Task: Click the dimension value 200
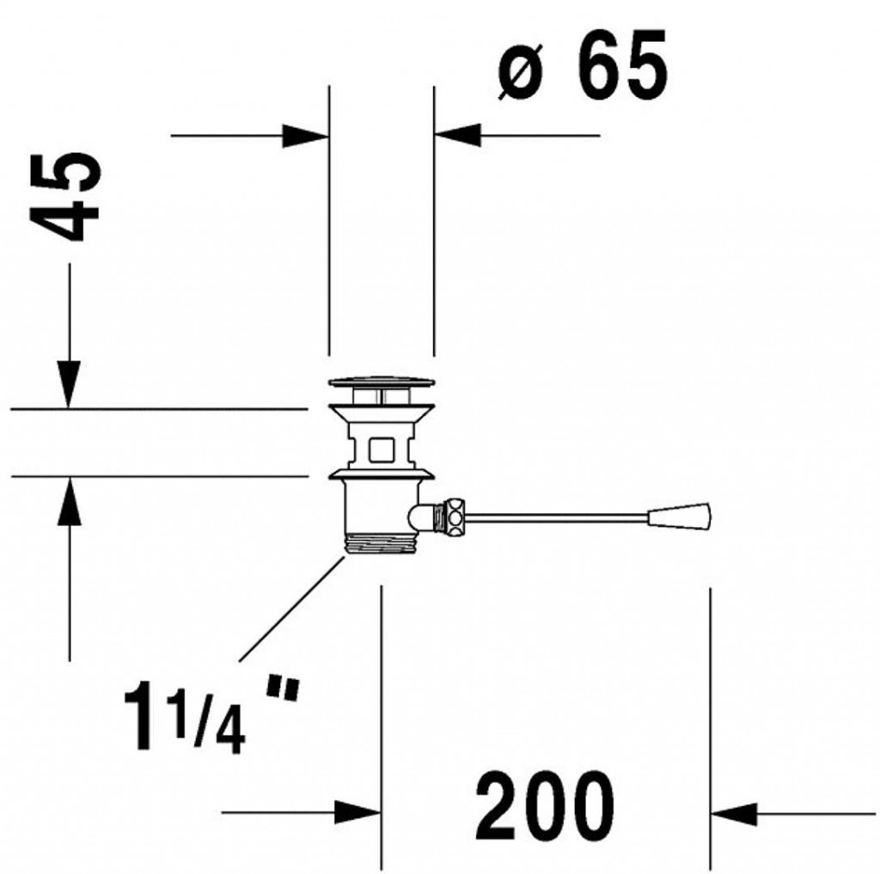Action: coord(544,808)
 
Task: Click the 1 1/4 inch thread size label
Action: coord(211,716)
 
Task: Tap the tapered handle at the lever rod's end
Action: coord(680,516)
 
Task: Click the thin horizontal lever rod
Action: coord(556,516)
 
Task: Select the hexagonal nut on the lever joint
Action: coord(453,516)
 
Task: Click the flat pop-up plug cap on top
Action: coord(382,382)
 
